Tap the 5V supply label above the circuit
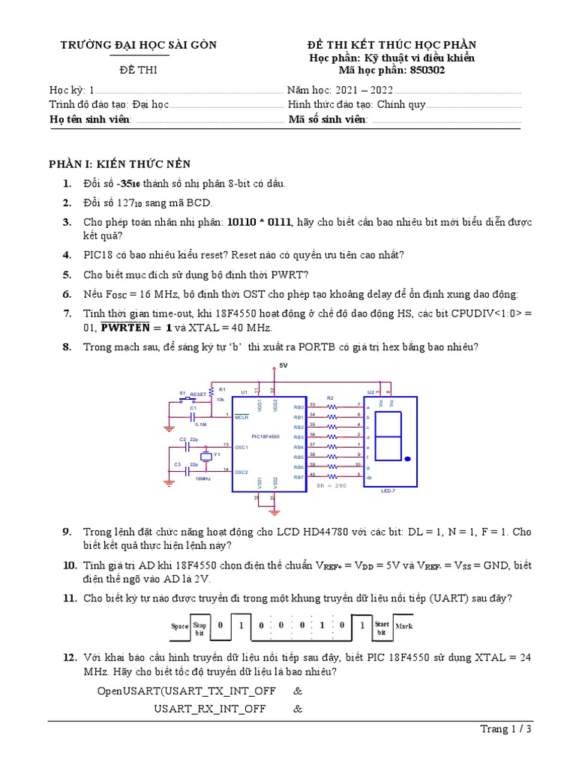point(283,365)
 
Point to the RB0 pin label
point(298,407)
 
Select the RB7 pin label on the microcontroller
point(298,477)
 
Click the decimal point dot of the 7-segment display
point(407,458)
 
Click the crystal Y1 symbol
point(206,457)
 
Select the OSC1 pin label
point(241,447)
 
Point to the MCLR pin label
point(241,417)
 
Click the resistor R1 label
point(222,390)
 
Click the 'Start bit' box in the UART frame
point(382,625)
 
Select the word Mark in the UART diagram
point(403,625)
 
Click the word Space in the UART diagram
point(179,625)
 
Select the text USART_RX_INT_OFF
point(209,707)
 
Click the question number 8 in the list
point(67,346)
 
